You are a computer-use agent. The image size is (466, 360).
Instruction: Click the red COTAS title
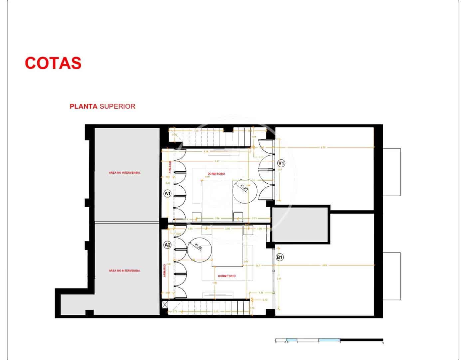[53, 63]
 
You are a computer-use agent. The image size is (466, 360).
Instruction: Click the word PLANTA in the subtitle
[84, 106]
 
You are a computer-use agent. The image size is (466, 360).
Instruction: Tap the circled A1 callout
[167, 193]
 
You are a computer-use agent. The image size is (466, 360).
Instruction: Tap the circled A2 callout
[167, 245]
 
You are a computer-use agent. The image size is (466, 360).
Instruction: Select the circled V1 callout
[281, 163]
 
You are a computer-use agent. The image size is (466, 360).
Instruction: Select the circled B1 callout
[280, 257]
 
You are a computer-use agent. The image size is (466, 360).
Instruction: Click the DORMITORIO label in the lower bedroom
[227, 276]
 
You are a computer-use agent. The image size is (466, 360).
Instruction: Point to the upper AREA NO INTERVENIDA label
[124, 173]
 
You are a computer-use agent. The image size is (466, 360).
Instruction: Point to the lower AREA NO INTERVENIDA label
[124, 271]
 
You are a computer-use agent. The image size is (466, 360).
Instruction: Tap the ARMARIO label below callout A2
[164, 270]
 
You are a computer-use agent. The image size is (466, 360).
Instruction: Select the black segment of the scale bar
[361, 340]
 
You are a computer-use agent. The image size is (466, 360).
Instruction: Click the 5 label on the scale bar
[383, 343]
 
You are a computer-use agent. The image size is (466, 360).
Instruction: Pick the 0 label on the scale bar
[276, 343]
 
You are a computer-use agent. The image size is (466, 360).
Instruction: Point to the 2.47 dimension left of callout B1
[258, 266]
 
